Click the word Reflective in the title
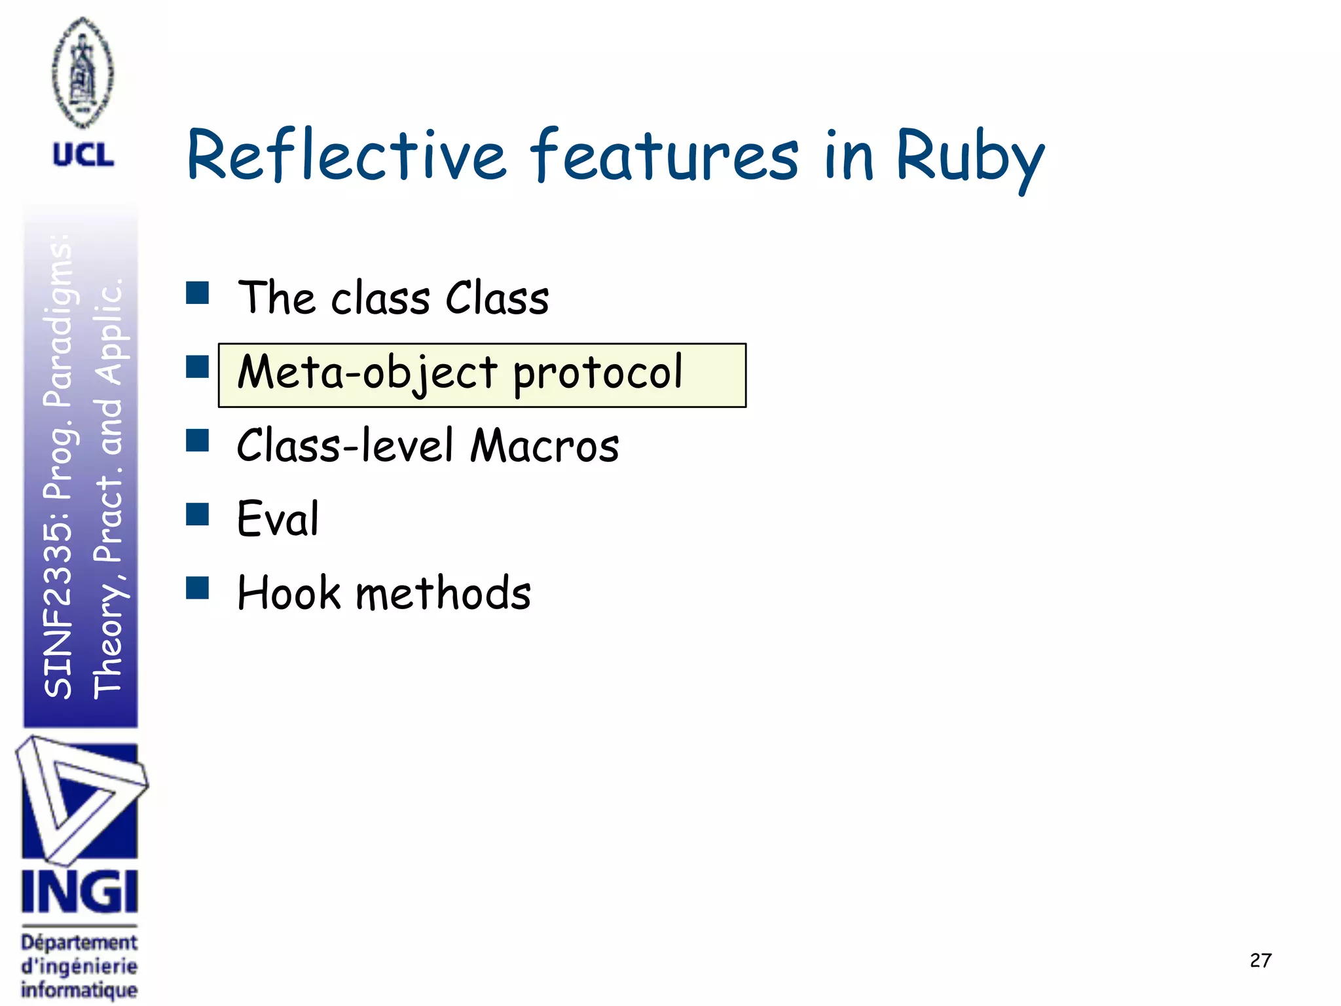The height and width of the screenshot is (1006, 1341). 346,156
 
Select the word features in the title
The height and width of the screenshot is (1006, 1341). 664,156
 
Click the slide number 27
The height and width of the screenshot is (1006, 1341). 1260,960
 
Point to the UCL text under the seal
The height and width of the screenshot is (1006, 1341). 83,155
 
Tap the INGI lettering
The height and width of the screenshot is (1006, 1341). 80,892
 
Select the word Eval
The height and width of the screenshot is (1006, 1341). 278,519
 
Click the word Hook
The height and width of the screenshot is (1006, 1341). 289,593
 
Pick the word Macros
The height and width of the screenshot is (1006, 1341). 545,445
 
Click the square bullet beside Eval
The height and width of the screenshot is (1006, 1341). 197,515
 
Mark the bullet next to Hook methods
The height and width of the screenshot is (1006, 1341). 197,588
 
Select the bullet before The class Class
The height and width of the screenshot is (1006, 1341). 197,293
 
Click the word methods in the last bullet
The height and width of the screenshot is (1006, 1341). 443,593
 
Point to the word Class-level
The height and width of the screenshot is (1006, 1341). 345,445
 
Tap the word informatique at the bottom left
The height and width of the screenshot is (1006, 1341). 79,990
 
